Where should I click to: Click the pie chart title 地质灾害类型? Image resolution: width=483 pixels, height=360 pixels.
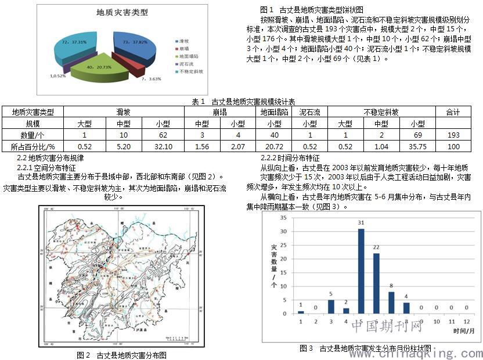[x=122, y=12]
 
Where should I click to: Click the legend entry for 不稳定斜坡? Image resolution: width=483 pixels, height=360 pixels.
[x=192, y=71]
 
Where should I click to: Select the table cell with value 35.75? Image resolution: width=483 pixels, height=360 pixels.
[x=417, y=147]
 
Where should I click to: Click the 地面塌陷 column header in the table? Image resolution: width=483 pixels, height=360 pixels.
[x=275, y=111]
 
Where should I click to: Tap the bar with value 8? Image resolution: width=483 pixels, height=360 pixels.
[x=391, y=302]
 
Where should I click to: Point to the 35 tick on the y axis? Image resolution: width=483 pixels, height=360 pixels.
[x=284, y=218]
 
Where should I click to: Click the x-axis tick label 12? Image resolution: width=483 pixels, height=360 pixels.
[x=466, y=321]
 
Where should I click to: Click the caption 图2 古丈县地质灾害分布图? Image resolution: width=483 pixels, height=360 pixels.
[x=121, y=354]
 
